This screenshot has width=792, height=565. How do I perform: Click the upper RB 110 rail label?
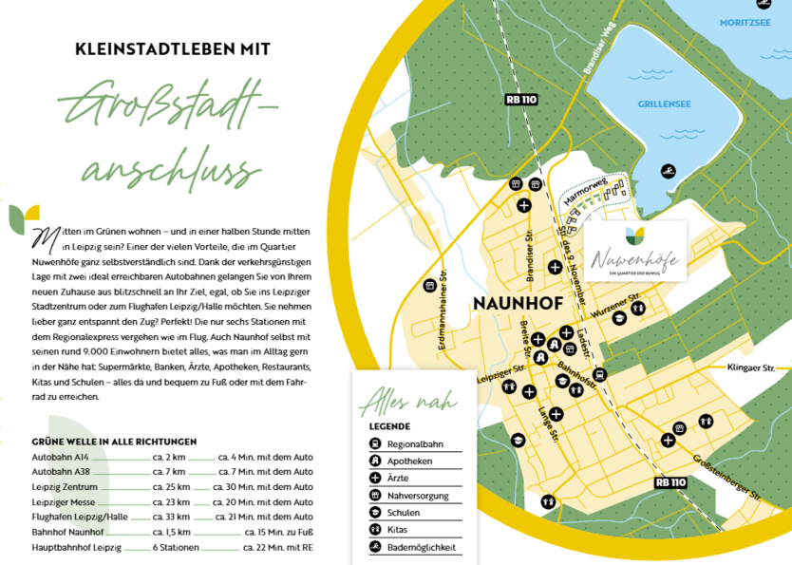tap(520, 98)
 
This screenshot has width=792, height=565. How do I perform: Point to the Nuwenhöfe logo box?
tap(635, 251)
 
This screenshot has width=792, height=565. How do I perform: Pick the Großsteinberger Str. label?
tap(728, 479)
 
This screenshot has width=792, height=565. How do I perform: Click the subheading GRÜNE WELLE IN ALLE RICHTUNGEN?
tap(114, 441)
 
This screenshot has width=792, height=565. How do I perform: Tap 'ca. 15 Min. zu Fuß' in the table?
tap(278, 532)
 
